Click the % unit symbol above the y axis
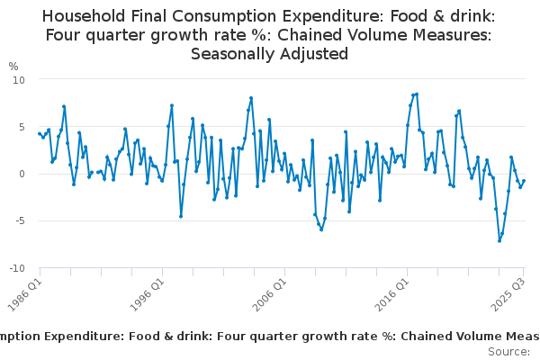tap(13, 66)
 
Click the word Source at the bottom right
tap(510, 352)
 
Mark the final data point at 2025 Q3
tap(524, 181)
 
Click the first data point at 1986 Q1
tap(40, 133)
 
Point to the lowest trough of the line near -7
tap(499, 240)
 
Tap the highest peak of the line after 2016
tap(417, 94)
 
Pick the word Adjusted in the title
tap(315, 54)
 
